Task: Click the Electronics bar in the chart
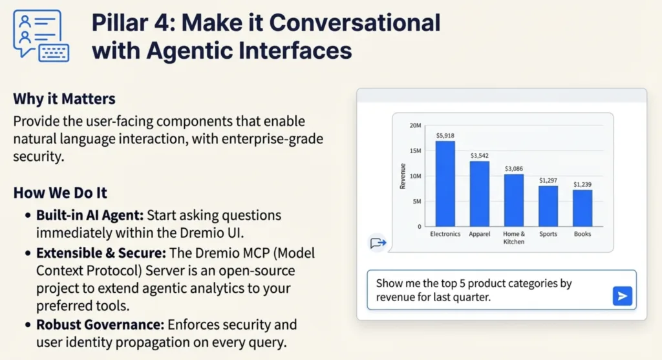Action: point(445,184)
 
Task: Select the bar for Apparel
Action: point(480,194)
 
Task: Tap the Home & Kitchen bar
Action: point(514,200)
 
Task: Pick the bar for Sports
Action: point(548,206)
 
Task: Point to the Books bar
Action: point(582,208)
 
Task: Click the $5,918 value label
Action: point(445,136)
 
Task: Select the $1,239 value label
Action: point(582,184)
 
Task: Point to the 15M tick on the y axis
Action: point(416,151)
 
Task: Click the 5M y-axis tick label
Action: point(417,201)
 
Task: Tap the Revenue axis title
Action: point(402,176)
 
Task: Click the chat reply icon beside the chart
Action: point(378,242)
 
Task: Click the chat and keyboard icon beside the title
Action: point(41,36)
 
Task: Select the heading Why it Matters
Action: point(64,99)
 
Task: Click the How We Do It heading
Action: point(60,193)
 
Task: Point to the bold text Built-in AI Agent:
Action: point(90,215)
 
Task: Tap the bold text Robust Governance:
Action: point(100,324)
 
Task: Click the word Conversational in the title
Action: point(355,23)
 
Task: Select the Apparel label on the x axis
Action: point(480,234)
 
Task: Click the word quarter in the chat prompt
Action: point(471,297)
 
